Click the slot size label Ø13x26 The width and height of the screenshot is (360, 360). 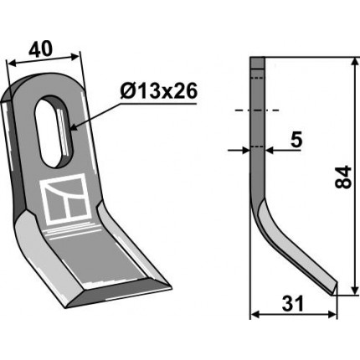pyautogui.click(x=159, y=90)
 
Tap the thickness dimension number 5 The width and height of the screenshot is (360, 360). pyautogui.click(x=296, y=140)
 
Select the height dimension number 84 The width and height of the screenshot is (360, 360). pyautogui.click(x=343, y=177)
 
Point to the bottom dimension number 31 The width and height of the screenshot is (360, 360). pyautogui.click(x=292, y=304)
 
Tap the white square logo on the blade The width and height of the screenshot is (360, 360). pyautogui.click(x=66, y=199)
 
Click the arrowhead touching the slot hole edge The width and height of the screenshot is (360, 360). pyautogui.click(x=74, y=127)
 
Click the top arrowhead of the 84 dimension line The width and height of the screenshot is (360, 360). pyautogui.click(x=355, y=62)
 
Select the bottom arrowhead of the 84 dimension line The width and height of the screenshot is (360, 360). pyautogui.click(x=355, y=290)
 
